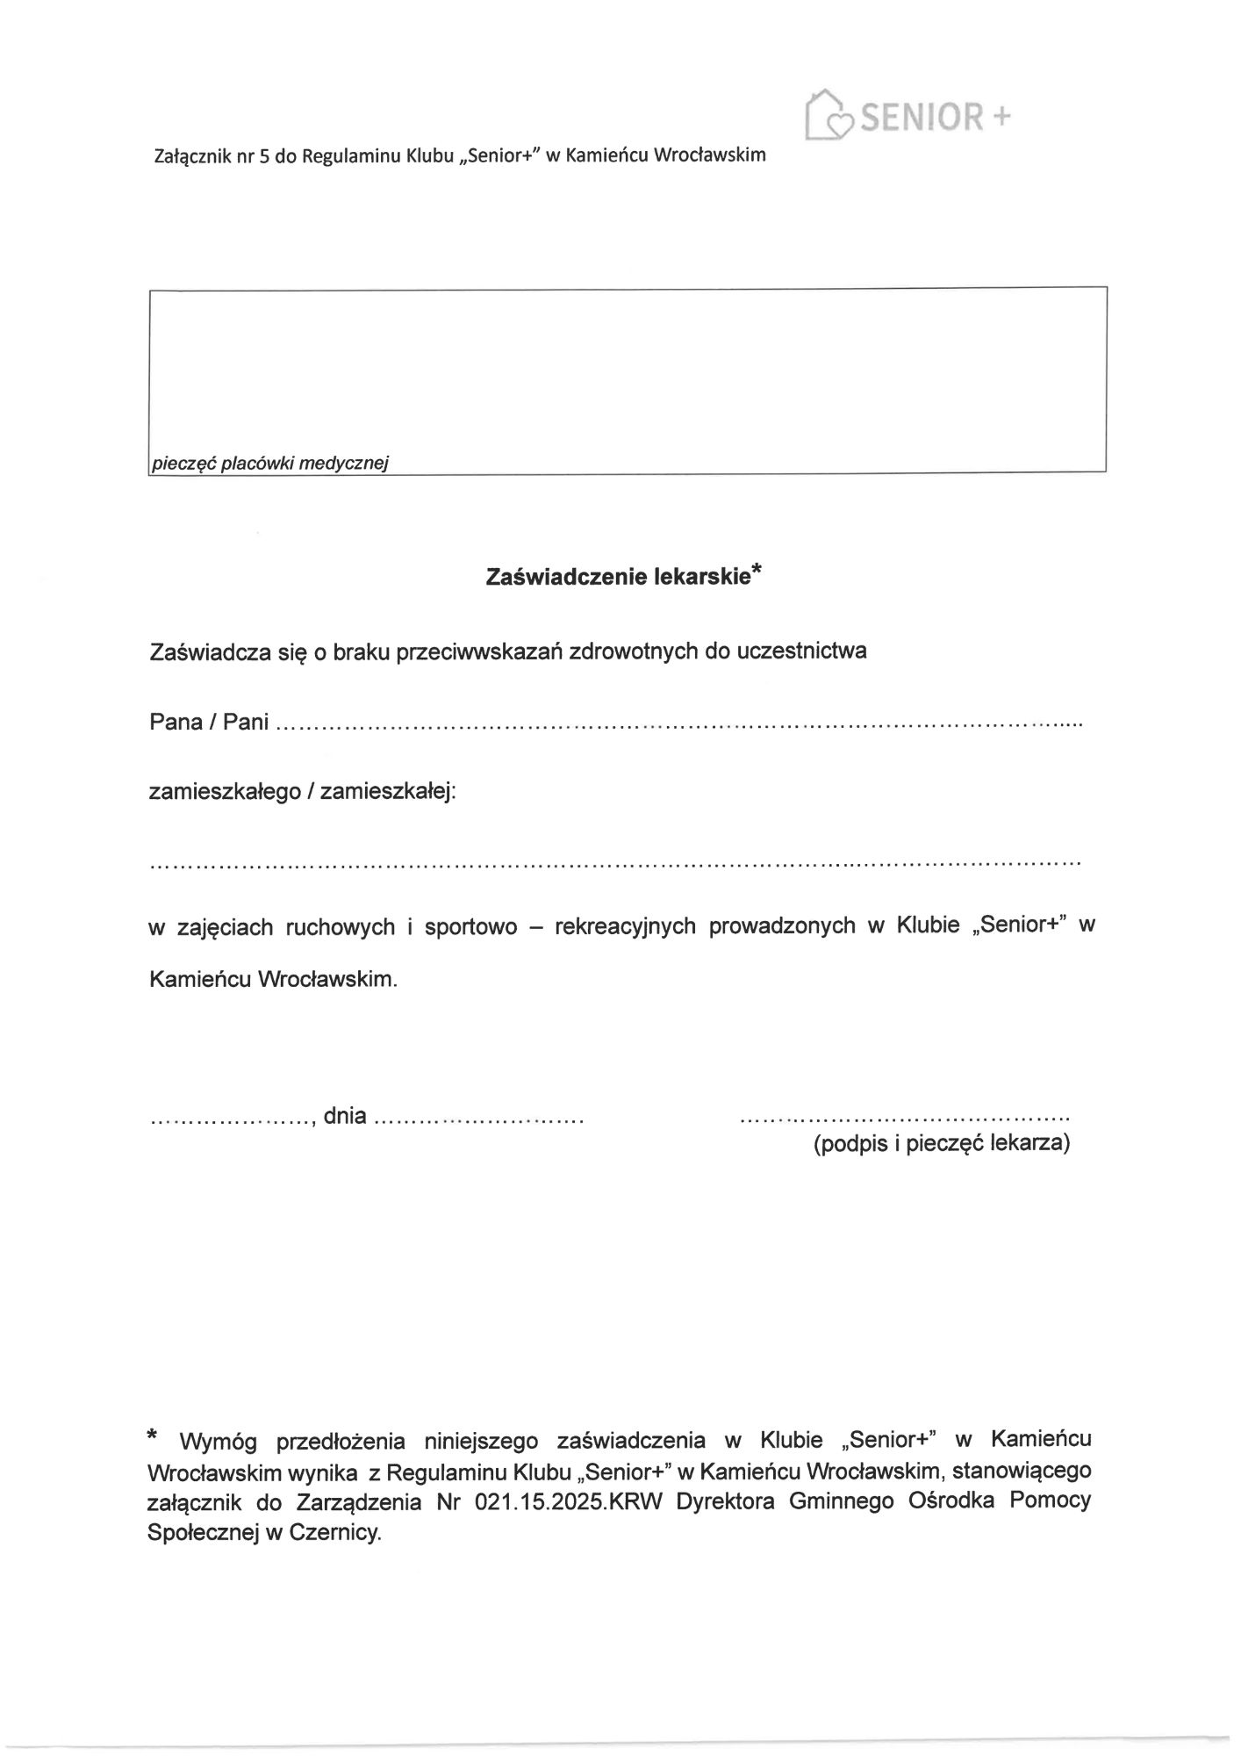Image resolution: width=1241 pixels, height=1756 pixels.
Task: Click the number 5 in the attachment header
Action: point(262,156)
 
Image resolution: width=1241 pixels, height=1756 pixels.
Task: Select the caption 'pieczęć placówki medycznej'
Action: point(269,463)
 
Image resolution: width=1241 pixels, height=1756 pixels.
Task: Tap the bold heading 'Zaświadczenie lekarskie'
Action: point(618,577)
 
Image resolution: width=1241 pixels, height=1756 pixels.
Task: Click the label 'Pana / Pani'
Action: point(209,723)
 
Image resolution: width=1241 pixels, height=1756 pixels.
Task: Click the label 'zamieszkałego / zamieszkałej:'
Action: point(303,793)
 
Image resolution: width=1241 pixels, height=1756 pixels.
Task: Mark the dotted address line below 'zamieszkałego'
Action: point(614,864)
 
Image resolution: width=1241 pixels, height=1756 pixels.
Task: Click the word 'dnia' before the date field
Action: point(345,1117)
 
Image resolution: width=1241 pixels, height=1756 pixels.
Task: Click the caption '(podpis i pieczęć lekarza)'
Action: point(941,1144)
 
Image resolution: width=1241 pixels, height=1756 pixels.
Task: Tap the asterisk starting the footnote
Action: point(153,1436)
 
